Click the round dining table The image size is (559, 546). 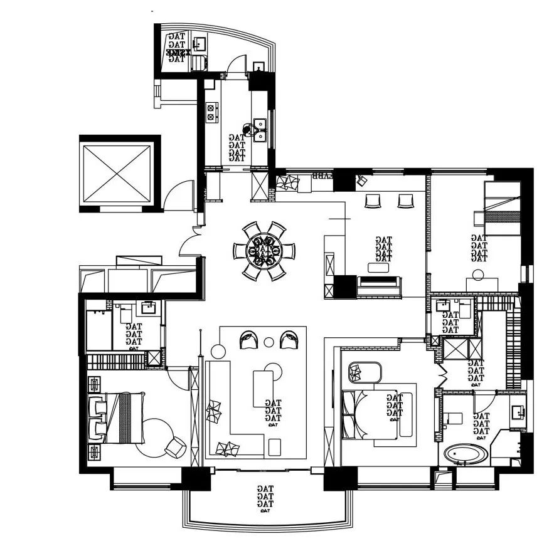pos(264,249)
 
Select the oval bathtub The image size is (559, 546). pos(466,454)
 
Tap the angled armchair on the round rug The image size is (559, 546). pos(174,446)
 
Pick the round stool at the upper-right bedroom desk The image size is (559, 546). pos(479,274)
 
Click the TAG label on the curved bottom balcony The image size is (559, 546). pos(265,496)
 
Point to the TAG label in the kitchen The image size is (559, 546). pos(237,148)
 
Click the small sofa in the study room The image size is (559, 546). pos(379,286)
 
